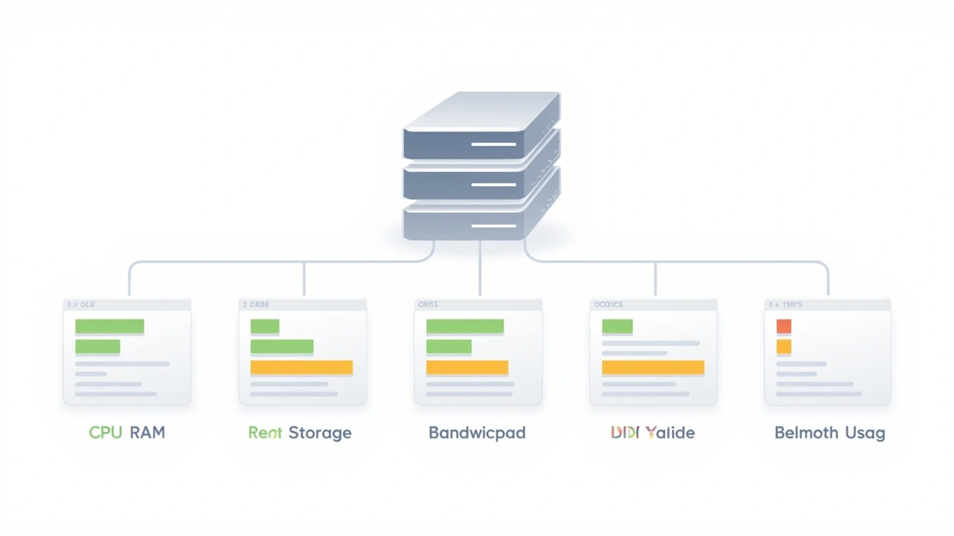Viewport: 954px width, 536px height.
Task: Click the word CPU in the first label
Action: click(x=105, y=433)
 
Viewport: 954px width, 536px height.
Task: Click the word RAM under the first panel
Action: click(x=147, y=433)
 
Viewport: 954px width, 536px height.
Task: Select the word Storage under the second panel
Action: click(x=320, y=433)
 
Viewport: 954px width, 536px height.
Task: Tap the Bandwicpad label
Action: click(x=477, y=433)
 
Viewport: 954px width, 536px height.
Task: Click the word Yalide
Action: click(x=670, y=433)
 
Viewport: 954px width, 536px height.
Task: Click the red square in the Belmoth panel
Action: click(x=783, y=326)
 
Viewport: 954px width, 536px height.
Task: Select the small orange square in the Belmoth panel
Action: click(x=783, y=347)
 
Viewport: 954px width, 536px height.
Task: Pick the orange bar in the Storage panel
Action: click(x=301, y=367)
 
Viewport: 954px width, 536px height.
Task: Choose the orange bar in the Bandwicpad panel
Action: click(x=467, y=367)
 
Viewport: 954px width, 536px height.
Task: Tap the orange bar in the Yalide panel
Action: click(x=653, y=367)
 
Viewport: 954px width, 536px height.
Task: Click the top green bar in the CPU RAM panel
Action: click(x=110, y=326)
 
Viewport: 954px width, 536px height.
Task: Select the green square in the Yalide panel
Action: click(x=617, y=326)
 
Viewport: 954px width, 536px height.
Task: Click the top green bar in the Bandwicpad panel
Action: click(x=464, y=326)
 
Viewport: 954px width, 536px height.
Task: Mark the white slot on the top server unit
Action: click(x=493, y=144)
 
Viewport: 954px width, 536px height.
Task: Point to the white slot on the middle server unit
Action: click(x=493, y=184)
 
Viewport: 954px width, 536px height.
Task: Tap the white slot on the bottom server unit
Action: click(x=493, y=225)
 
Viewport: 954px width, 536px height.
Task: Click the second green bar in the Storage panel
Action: click(x=282, y=347)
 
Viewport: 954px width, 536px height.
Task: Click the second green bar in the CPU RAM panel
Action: click(x=98, y=347)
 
